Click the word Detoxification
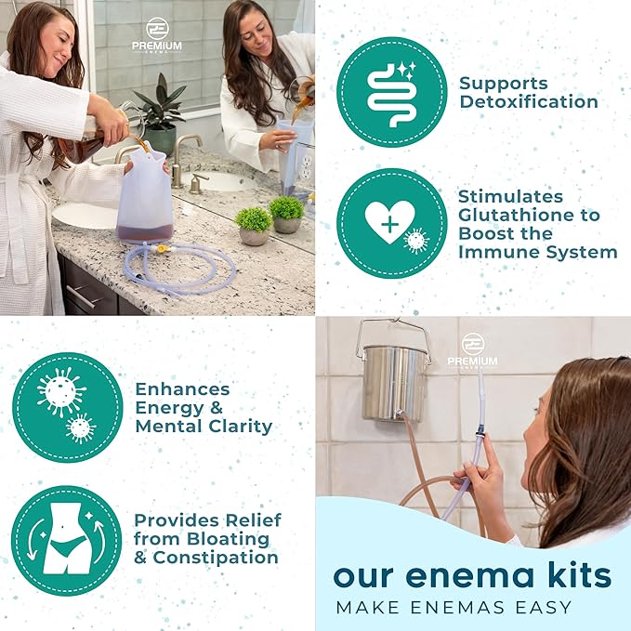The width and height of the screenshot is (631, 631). [529, 102]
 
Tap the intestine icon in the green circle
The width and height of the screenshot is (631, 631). [390, 94]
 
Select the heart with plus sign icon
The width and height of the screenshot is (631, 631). [389, 222]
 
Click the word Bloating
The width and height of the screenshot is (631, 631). [229, 539]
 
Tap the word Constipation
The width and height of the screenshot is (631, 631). [216, 558]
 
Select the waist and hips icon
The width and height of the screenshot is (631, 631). [66, 539]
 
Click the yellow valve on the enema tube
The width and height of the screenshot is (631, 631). [161, 249]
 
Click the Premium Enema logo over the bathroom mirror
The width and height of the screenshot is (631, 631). [157, 35]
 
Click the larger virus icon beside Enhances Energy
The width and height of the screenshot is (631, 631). [61, 391]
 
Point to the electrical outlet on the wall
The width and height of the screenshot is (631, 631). [306, 166]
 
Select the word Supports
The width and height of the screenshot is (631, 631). [504, 85]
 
